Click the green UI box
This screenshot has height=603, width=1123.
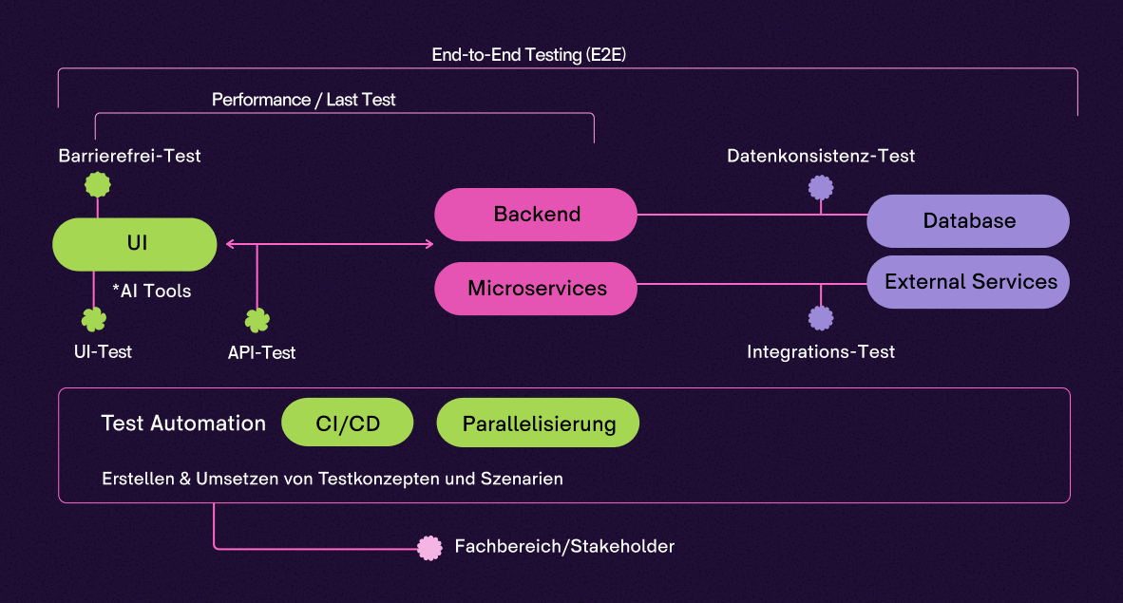click(136, 244)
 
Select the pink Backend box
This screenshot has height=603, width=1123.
click(536, 215)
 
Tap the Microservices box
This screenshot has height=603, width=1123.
click(536, 289)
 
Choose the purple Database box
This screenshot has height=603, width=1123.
click(968, 221)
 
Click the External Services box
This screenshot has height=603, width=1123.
click(969, 282)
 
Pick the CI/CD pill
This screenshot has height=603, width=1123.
click(348, 423)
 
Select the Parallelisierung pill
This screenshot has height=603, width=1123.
click(538, 424)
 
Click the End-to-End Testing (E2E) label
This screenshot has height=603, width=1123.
click(528, 55)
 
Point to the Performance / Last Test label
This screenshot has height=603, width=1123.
click(303, 100)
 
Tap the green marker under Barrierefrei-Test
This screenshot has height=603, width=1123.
click(98, 184)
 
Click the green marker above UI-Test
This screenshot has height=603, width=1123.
click(93, 319)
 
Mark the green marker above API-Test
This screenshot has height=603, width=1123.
click(257, 320)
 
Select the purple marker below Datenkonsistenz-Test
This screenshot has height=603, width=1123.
click(821, 187)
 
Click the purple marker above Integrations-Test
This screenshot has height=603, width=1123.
click(821, 317)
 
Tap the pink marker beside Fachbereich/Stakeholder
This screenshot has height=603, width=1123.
click(430, 548)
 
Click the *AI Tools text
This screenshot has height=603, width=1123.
click(151, 292)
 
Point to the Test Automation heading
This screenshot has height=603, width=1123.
click(183, 424)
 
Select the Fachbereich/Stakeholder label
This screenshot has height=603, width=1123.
click(564, 547)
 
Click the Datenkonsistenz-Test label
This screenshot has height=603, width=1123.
click(821, 156)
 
